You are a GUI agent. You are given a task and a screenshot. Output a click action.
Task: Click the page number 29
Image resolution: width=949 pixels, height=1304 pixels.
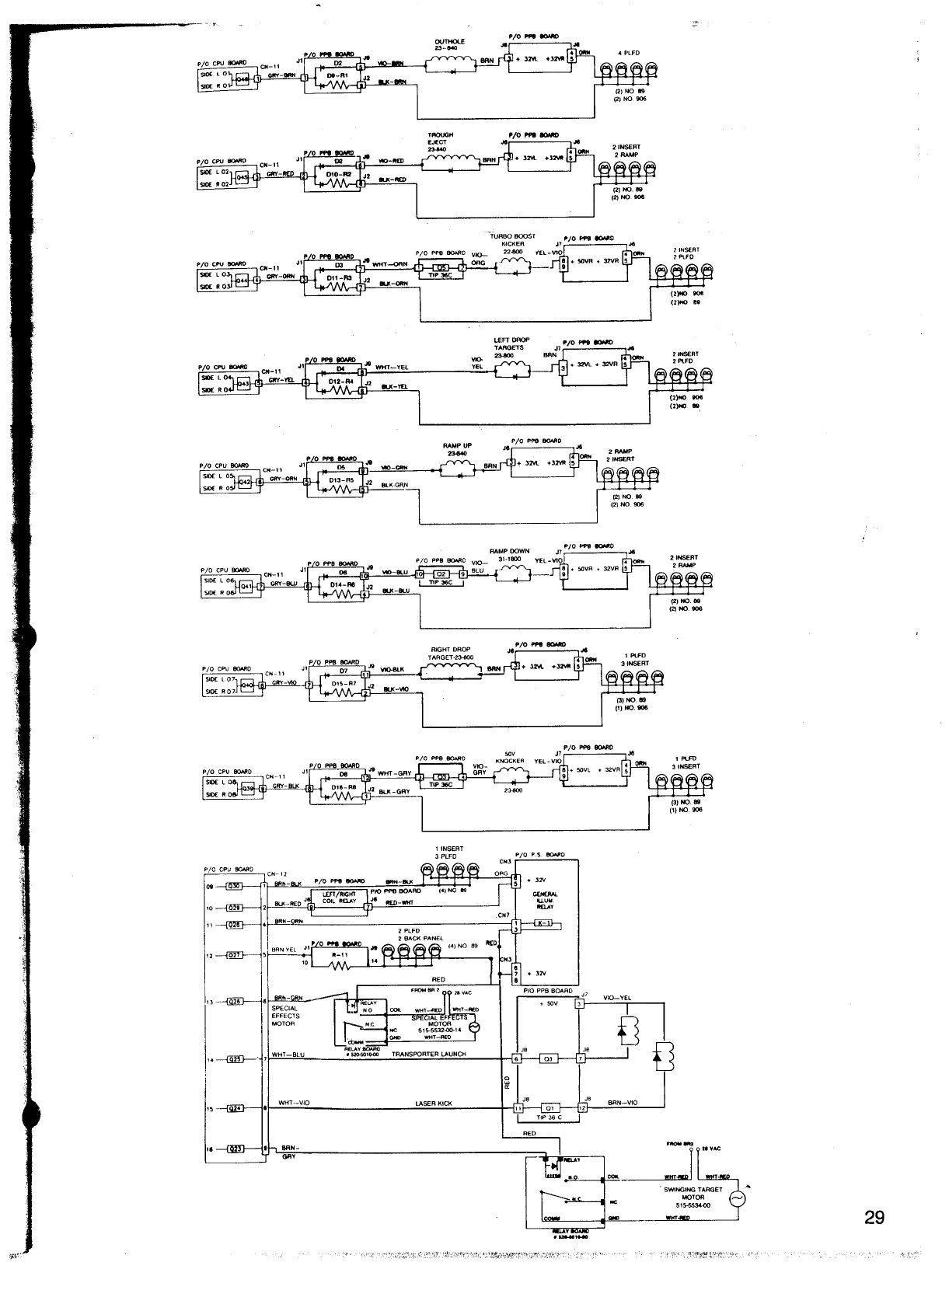874,1218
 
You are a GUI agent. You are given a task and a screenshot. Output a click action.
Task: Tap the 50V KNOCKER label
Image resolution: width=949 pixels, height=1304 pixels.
511,758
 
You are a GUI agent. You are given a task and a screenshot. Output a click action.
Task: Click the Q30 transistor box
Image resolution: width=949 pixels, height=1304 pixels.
234,885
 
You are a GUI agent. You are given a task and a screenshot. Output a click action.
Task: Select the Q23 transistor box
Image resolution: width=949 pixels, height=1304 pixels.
234,1149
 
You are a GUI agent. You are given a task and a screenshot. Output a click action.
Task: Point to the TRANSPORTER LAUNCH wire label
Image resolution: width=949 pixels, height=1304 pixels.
428,1055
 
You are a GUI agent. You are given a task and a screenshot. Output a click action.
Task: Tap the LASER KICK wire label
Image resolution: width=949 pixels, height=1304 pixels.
434,1104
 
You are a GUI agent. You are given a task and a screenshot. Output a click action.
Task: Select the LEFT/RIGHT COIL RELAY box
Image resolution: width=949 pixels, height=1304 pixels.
339,898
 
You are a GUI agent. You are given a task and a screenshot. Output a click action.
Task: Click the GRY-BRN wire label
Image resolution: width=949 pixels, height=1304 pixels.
282,75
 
